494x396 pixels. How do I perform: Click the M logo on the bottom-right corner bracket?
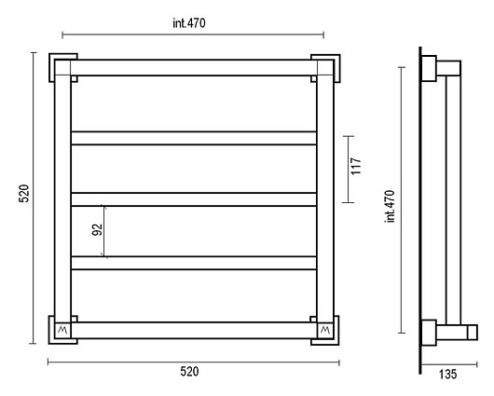[325, 330]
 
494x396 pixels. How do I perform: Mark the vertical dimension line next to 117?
[349, 170]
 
